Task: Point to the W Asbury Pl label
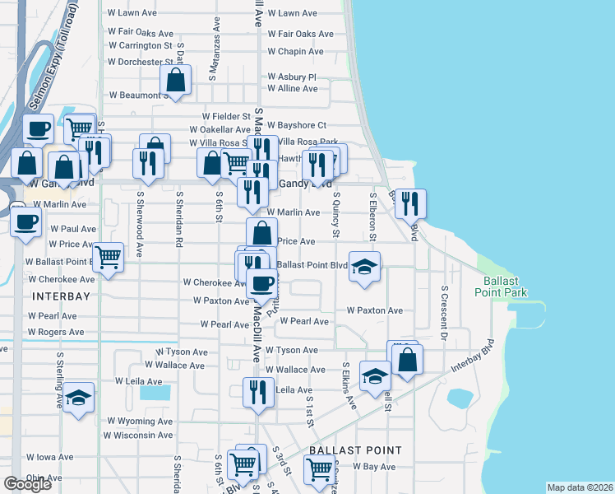click(x=291, y=77)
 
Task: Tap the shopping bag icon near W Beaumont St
click(x=176, y=81)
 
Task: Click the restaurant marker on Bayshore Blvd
click(x=410, y=203)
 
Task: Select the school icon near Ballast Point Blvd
click(x=364, y=267)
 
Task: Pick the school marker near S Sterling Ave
click(x=78, y=398)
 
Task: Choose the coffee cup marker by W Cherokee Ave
click(x=262, y=285)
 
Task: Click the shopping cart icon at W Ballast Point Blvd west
click(x=109, y=258)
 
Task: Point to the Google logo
click(x=27, y=484)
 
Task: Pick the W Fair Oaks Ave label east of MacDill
click(x=300, y=34)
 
